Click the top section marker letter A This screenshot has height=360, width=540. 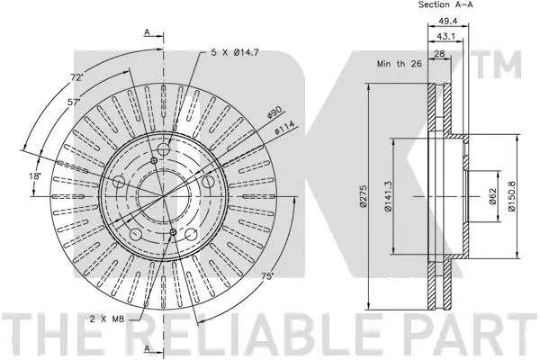point(147,32)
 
